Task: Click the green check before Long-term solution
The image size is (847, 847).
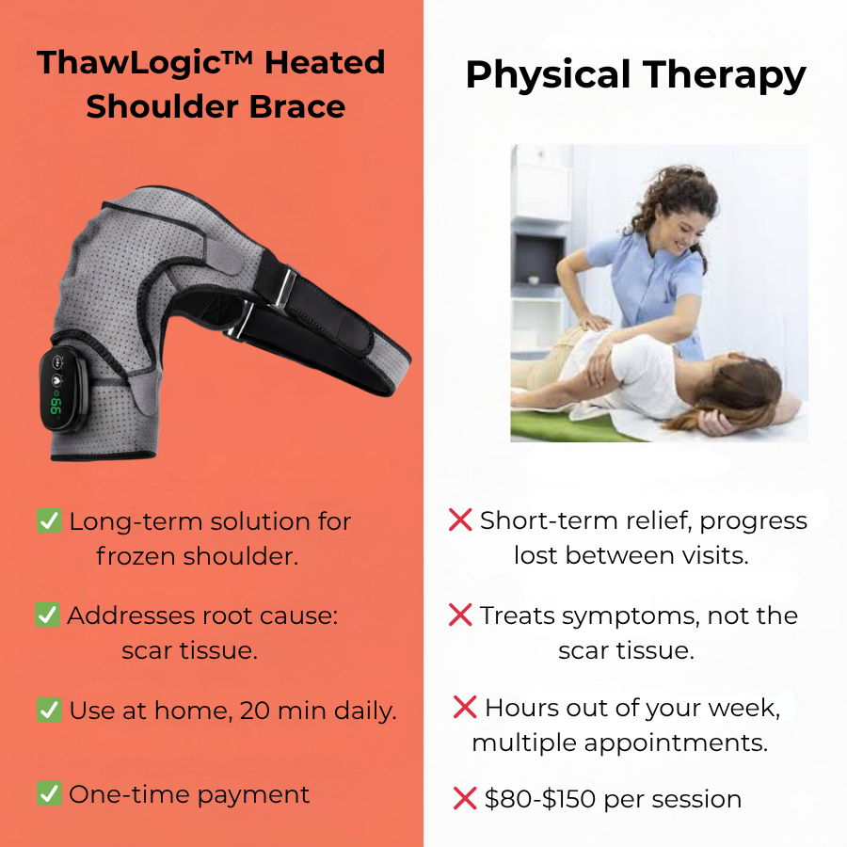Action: [49, 520]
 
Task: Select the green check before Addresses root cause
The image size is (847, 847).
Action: [48, 615]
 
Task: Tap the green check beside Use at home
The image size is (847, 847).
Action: [49, 710]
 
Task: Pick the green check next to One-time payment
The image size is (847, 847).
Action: [49, 794]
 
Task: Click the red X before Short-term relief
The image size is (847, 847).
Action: [460, 519]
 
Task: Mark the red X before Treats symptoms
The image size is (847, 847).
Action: [460, 615]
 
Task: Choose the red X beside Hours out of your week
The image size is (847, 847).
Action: [465, 707]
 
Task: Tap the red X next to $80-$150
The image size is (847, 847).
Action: [465, 799]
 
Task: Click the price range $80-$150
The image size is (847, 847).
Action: [541, 800]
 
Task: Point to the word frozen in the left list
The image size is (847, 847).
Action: [137, 556]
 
